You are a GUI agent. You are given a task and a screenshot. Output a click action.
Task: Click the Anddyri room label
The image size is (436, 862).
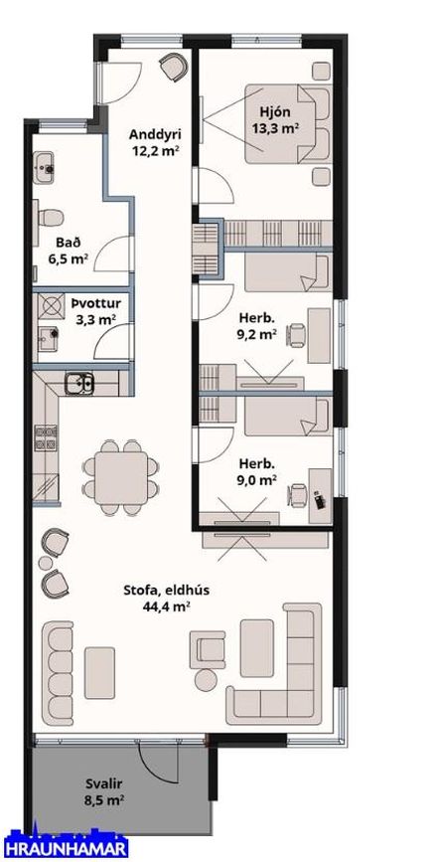click(x=155, y=134)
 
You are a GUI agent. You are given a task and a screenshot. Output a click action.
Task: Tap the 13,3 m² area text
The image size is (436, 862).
click(x=275, y=128)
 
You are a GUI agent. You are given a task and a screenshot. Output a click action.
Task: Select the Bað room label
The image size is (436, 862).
click(x=64, y=242)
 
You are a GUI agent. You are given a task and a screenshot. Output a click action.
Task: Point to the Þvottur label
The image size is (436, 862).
click(x=96, y=303)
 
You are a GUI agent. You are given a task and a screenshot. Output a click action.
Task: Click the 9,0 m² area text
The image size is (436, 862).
click(x=256, y=480)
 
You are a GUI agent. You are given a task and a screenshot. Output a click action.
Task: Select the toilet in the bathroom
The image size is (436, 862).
click(x=49, y=217)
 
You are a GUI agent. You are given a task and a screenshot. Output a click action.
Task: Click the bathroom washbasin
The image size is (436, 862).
click(x=44, y=167)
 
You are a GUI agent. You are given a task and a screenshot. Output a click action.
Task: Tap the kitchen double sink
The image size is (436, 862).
click(x=79, y=383)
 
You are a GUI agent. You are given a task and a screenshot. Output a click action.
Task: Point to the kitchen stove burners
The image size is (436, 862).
click(x=46, y=437)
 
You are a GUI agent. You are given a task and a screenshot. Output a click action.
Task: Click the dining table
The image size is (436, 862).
click(x=121, y=477)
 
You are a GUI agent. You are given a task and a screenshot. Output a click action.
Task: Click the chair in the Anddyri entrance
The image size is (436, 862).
click(x=174, y=66)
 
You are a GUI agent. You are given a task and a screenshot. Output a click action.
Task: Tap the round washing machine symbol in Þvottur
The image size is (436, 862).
click(x=51, y=307)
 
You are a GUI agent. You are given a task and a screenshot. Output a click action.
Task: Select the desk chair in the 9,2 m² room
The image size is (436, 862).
click(x=297, y=334)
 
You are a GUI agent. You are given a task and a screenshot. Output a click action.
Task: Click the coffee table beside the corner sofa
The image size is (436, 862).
click(x=256, y=647)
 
